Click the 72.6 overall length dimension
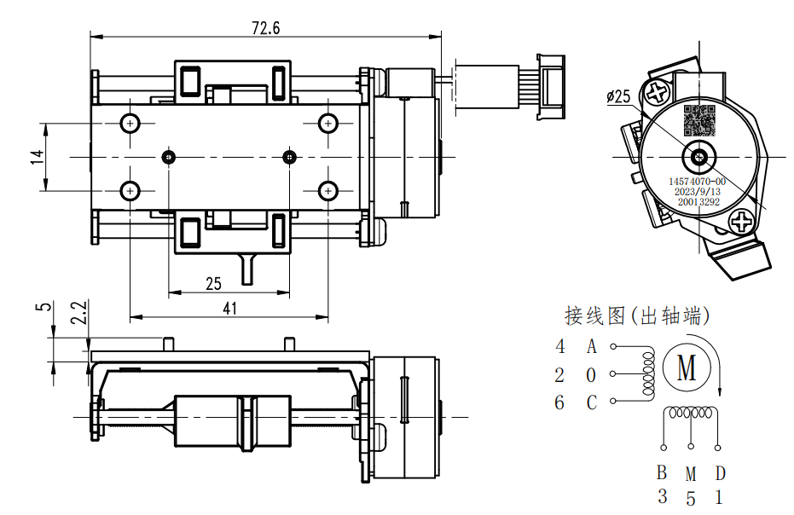[265, 27]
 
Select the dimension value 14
[36, 159]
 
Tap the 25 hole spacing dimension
[213, 283]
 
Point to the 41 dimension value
[229, 309]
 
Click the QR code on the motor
[698, 121]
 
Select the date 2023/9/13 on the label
[698, 192]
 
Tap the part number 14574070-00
[698, 182]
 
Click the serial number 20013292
[698, 203]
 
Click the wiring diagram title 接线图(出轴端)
[637, 316]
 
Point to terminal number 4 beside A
[560, 347]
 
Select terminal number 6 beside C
[559, 402]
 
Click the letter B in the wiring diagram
[662, 473]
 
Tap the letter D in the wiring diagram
[721, 473]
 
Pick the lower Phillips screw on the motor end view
[742, 223]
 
